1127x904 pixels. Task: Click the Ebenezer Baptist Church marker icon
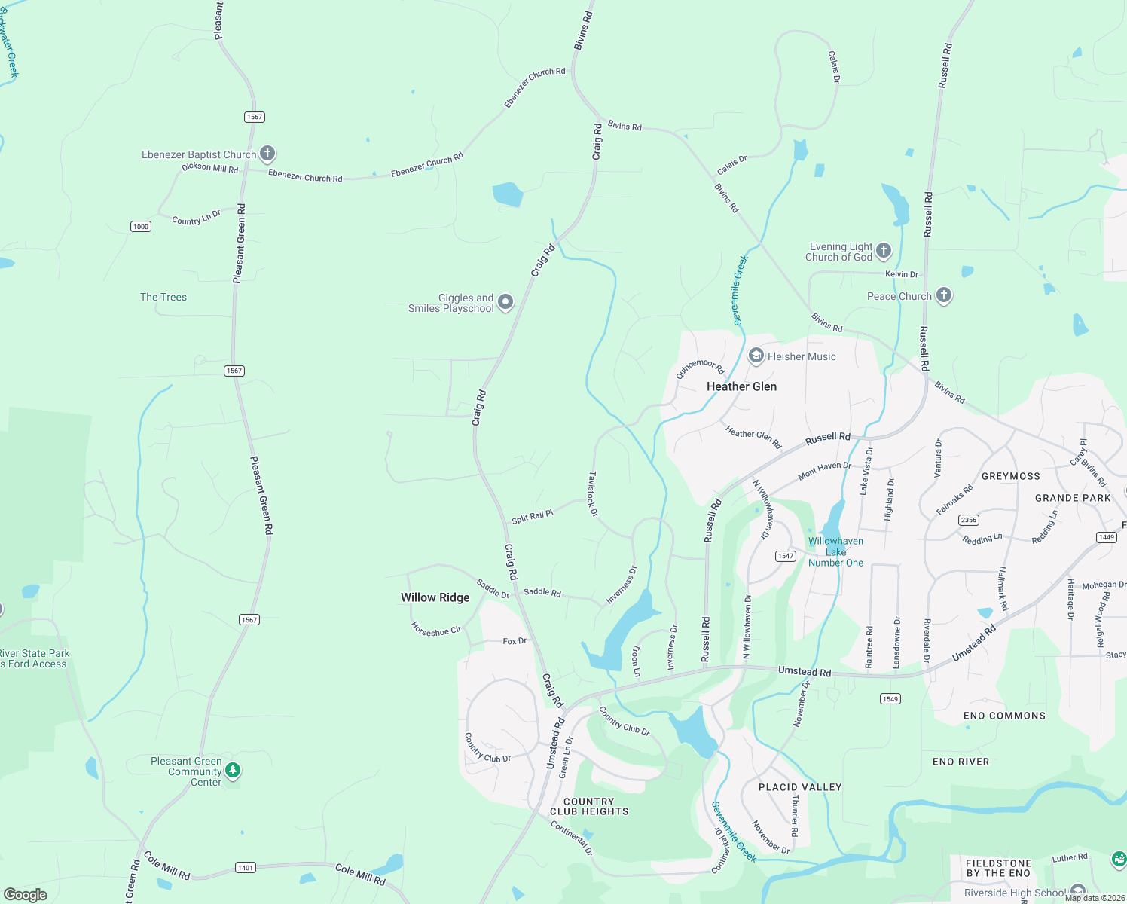(267, 154)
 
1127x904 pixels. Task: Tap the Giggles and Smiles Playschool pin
(505, 302)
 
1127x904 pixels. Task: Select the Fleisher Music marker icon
(756, 356)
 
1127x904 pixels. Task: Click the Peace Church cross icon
(944, 295)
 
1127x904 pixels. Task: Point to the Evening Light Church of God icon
(884, 250)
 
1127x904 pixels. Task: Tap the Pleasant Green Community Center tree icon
(233, 770)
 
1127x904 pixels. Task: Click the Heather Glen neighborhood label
(741, 386)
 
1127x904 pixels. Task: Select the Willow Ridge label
(435, 597)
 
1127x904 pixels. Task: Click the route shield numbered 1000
(141, 226)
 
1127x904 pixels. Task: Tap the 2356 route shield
(969, 520)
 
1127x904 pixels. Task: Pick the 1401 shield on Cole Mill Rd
(245, 868)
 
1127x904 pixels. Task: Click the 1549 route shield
(890, 698)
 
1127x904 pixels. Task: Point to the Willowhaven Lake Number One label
(835, 551)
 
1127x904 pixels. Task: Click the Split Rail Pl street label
(532, 516)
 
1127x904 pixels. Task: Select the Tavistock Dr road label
(592, 494)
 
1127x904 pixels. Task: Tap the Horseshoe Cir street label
(435, 629)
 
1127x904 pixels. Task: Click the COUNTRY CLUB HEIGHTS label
(588, 806)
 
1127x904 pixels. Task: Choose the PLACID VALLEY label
(799, 786)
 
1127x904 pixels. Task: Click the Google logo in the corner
(25, 894)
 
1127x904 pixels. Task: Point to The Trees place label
(163, 297)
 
